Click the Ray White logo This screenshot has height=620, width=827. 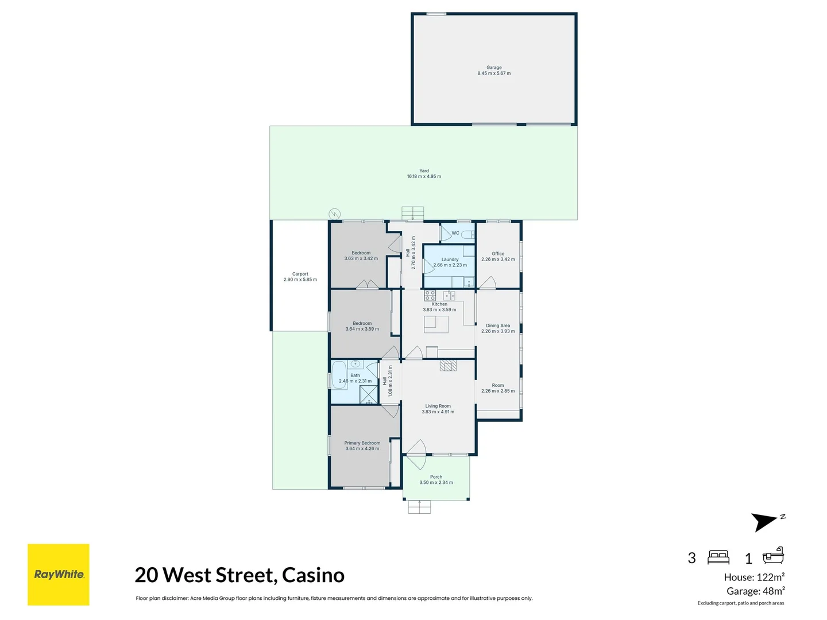[x=59, y=575]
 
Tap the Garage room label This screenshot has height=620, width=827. [x=494, y=68]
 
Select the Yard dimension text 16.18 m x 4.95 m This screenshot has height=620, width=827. [x=424, y=177]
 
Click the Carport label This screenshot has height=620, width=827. [x=300, y=274]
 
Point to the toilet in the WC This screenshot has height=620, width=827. [x=468, y=234]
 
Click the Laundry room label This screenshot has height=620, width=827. [x=450, y=259]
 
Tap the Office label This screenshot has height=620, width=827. [x=498, y=254]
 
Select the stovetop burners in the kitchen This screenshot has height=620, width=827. [x=430, y=296]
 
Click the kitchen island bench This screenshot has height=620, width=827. [x=436, y=324]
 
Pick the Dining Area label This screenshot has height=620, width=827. [x=498, y=325]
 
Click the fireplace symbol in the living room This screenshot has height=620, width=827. [x=449, y=366]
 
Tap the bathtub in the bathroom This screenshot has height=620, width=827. [x=339, y=375]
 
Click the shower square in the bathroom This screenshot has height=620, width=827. [x=368, y=395]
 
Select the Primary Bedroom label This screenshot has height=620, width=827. [x=362, y=443]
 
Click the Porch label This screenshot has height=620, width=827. [x=436, y=477]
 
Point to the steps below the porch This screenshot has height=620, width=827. [x=419, y=507]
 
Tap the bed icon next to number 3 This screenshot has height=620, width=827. [x=718, y=557]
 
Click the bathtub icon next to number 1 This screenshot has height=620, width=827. [x=773, y=556]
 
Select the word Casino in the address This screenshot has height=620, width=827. [x=313, y=575]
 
